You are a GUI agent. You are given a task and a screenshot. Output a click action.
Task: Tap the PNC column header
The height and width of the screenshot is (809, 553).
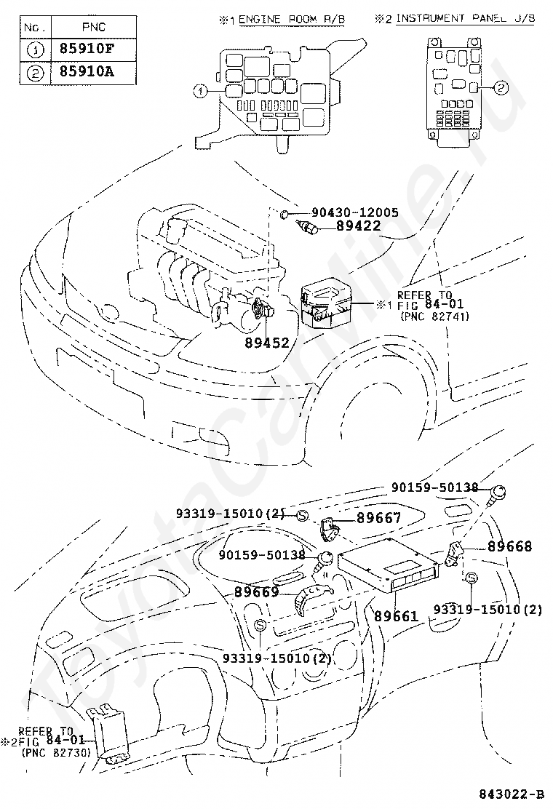tap(94, 27)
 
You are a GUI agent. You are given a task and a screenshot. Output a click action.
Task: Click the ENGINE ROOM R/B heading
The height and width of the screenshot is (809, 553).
tap(292, 20)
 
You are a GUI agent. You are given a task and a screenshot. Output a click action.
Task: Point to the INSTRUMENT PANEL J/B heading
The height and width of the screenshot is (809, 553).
tap(465, 19)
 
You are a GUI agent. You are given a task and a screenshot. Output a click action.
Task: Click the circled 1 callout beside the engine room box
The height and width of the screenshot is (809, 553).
tap(200, 92)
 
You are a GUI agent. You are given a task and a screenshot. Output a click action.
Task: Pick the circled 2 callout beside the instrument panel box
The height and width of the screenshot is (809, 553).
tap(501, 88)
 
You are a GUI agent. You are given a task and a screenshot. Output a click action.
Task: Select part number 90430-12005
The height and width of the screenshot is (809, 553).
tap(355, 212)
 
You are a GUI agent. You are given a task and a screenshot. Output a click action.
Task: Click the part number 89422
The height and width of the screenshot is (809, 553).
tap(359, 226)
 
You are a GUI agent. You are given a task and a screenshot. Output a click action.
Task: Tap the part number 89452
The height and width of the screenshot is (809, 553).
tap(267, 343)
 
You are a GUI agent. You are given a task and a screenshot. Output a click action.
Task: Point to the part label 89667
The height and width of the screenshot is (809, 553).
tap(379, 517)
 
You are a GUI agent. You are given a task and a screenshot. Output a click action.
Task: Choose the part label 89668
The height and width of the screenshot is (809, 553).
tap(509, 546)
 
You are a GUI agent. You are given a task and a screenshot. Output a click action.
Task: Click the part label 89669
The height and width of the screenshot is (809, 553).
tap(256, 592)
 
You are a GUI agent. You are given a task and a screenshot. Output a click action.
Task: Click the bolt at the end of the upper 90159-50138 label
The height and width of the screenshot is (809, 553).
tap(497, 494)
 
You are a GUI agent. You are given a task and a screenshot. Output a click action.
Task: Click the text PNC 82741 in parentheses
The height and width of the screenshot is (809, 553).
tap(435, 316)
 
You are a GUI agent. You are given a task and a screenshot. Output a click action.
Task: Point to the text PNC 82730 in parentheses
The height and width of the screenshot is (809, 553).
tap(56, 753)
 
